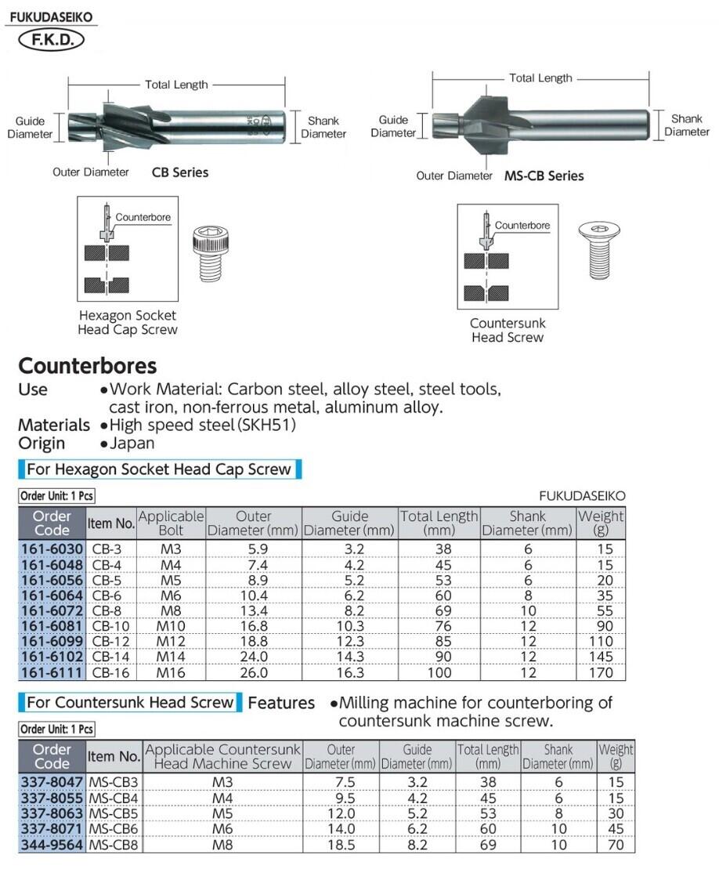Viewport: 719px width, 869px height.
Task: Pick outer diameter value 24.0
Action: (x=254, y=657)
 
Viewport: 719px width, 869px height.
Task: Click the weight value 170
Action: (x=602, y=672)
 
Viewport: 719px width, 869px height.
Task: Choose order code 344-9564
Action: (x=51, y=845)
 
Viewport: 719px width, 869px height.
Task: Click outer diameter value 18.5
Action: (x=340, y=845)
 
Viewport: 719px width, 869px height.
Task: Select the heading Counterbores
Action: (x=88, y=366)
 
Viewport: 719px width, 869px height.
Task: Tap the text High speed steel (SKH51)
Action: (x=203, y=425)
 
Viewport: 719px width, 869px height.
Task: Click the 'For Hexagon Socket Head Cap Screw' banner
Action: (x=159, y=469)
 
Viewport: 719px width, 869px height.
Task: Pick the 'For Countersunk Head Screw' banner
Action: (x=130, y=702)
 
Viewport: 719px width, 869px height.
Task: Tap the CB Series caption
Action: (x=180, y=172)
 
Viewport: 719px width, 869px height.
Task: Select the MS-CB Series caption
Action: (x=544, y=176)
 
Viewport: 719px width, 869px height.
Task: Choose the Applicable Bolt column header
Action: (x=171, y=523)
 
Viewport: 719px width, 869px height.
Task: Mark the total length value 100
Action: (x=439, y=672)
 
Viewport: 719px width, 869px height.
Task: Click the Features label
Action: (x=281, y=703)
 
